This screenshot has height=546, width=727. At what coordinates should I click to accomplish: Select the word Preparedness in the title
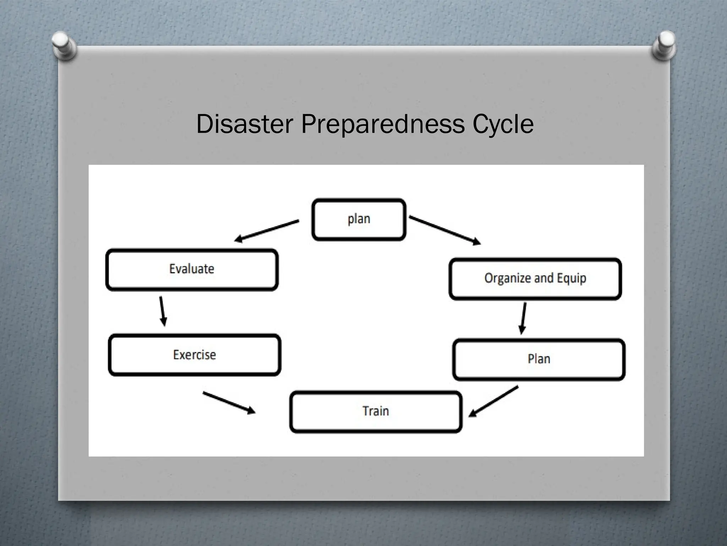[x=383, y=124]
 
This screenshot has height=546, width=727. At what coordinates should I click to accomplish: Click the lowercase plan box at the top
[x=359, y=219]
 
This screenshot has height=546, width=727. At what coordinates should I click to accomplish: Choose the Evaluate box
[x=192, y=269]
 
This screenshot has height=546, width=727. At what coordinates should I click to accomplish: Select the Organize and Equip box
[x=535, y=279]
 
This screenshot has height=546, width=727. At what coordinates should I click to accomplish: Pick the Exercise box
[x=194, y=355]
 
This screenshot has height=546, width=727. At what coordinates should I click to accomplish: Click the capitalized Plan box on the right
[x=539, y=359]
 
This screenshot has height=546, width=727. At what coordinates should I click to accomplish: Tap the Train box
[x=376, y=411]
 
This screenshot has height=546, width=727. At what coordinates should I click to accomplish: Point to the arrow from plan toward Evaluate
[x=267, y=231]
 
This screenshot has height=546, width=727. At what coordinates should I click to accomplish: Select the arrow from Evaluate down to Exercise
[x=162, y=311]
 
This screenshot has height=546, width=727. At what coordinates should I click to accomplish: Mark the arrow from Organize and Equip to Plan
[x=523, y=318]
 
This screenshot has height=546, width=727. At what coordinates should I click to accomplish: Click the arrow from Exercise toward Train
[x=229, y=403]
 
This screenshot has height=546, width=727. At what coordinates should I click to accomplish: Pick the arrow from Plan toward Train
[x=493, y=401]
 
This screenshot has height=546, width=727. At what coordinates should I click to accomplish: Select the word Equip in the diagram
[x=572, y=278]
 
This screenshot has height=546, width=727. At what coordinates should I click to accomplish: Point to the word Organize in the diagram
[x=507, y=278]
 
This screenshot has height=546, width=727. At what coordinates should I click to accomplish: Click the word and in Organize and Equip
[x=544, y=278]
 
